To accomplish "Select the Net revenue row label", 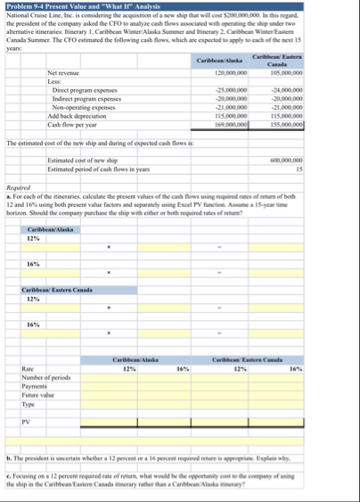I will [66, 73].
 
